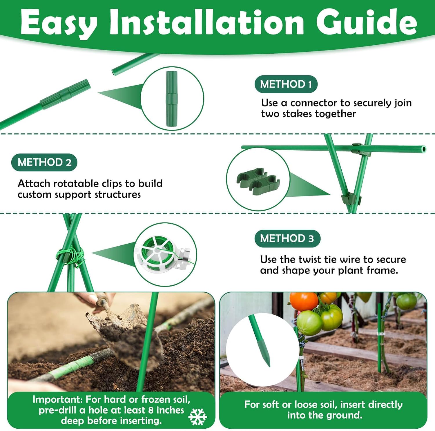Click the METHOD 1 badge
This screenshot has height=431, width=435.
[286, 84]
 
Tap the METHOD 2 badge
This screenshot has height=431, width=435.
[44, 162]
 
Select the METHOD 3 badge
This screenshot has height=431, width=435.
[287, 238]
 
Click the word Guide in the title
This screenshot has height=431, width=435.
[367, 22]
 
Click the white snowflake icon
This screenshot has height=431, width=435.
[197, 417]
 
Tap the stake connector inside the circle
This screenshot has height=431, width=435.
[172, 99]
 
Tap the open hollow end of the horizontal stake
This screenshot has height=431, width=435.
[424, 149]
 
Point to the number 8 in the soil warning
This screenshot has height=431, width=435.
[151, 410]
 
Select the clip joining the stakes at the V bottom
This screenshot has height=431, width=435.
[351, 199]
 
